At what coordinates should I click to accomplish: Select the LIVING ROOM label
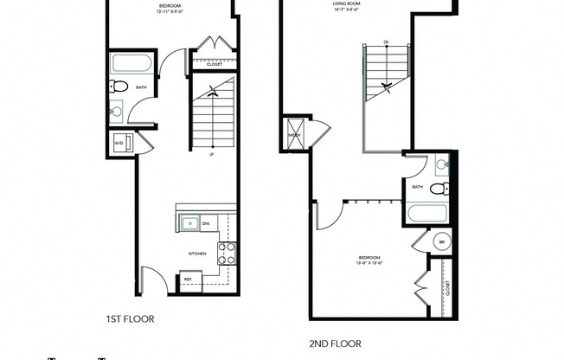point(347,4)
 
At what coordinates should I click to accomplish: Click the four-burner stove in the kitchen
point(227,254)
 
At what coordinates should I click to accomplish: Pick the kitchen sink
point(189,223)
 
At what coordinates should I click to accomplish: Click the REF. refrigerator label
point(187,280)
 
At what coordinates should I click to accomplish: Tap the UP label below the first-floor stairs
point(212,156)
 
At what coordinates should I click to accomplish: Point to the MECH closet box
point(294,134)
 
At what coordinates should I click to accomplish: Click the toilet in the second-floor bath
point(439,189)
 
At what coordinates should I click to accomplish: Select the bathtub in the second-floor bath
point(426,214)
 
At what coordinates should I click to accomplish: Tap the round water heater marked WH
point(441,241)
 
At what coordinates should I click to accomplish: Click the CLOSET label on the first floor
point(214,64)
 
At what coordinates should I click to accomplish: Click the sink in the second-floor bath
point(441,164)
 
